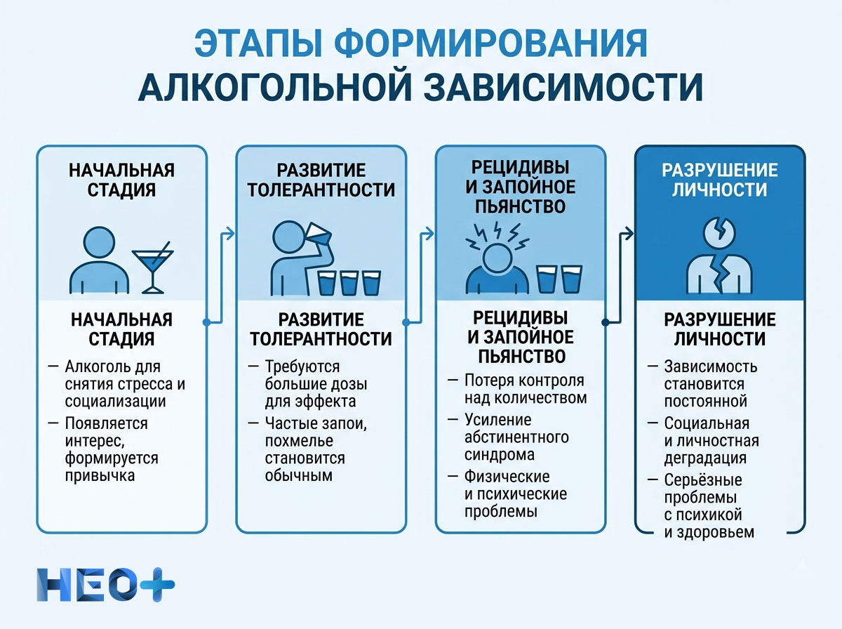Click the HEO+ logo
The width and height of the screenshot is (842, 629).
pyautogui.click(x=105, y=583)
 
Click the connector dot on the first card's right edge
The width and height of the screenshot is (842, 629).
pyautogui.click(x=206, y=322)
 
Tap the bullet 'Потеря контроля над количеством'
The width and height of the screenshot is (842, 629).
pyautogui.click(x=525, y=390)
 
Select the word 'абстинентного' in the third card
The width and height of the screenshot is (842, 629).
pyautogui.click(x=516, y=437)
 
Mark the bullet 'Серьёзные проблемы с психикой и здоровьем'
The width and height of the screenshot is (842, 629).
pyautogui.click(x=709, y=506)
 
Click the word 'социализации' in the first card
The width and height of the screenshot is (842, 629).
pyautogui.click(x=116, y=402)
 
